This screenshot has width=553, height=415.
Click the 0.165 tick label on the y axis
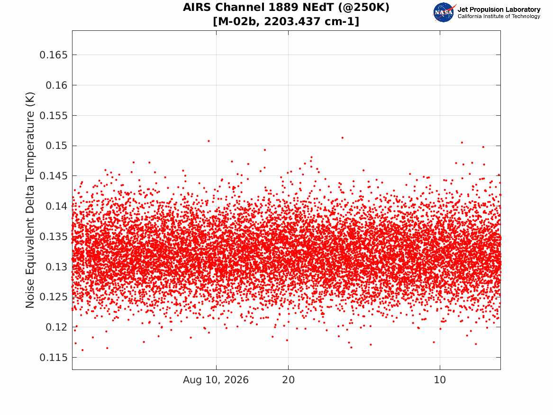pos(53,55)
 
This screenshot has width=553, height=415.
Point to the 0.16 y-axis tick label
pos(56,85)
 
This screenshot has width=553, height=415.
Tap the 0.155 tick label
pos(53,116)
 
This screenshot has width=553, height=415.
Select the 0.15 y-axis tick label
pos(56,146)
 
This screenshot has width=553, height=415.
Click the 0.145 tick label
pos(53,176)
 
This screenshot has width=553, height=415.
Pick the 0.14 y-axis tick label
pos(56,206)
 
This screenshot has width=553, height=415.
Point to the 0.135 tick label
pos(53,237)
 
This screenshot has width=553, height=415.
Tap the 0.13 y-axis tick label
pos(56,267)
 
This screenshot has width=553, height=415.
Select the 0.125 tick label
pos(53,297)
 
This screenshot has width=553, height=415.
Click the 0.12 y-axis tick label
pos(56,327)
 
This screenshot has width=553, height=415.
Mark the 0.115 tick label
pos(53,358)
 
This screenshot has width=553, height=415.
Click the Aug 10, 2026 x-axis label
pos(216,380)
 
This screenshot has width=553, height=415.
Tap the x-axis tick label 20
pos(288,380)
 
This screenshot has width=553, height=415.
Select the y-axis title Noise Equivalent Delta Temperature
pos(30,200)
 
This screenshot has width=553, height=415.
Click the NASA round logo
pos(444,12)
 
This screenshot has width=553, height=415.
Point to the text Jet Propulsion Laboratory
pos(499,9)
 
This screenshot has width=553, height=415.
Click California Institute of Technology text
pos(499,16)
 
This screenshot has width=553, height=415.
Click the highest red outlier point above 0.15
pos(343,138)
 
